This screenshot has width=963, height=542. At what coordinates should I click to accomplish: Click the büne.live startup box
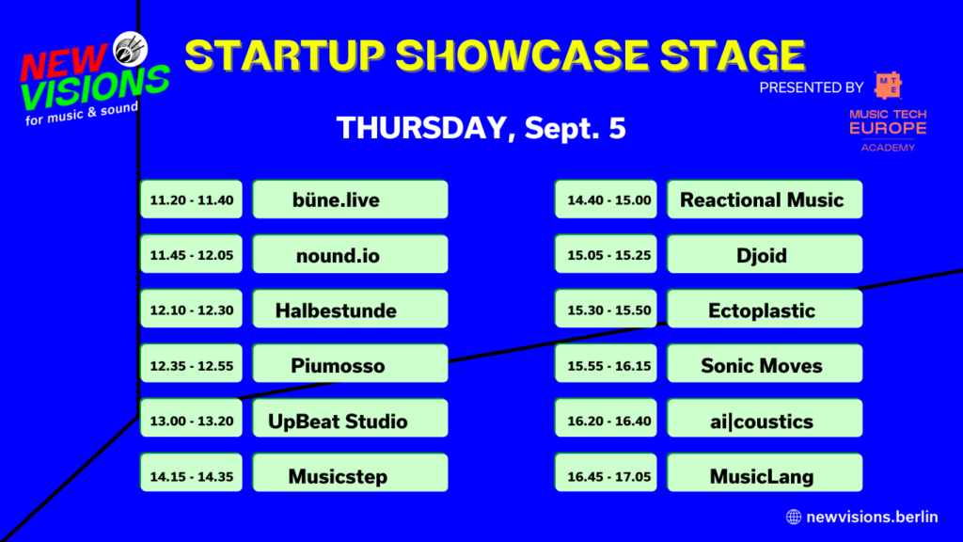click(350, 199)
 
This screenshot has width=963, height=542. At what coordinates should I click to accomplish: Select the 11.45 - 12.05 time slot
click(192, 254)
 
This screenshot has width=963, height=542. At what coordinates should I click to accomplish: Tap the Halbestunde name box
click(350, 310)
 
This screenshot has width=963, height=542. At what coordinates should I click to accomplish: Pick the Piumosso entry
click(350, 364)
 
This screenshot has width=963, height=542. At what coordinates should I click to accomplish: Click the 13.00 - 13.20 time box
click(192, 419)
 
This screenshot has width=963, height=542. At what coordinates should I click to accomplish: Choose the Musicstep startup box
click(350, 474)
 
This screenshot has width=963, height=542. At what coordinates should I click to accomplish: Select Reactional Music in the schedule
click(764, 199)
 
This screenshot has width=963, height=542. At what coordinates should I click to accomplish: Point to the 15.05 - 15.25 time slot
click(607, 254)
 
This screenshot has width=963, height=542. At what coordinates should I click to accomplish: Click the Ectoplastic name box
click(764, 310)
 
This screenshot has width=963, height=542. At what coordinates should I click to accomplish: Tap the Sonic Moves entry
click(764, 364)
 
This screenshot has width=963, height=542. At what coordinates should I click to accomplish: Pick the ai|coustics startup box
click(764, 419)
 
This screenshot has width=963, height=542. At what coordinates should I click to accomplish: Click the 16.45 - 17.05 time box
click(607, 474)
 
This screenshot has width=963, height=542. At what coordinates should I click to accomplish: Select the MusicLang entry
click(764, 474)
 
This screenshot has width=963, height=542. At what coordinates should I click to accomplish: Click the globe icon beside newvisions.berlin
click(793, 516)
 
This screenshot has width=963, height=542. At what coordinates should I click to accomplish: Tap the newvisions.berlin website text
click(871, 516)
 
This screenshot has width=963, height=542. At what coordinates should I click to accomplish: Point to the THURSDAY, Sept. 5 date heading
click(481, 128)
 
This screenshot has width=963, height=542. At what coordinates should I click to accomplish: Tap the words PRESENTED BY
click(811, 88)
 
